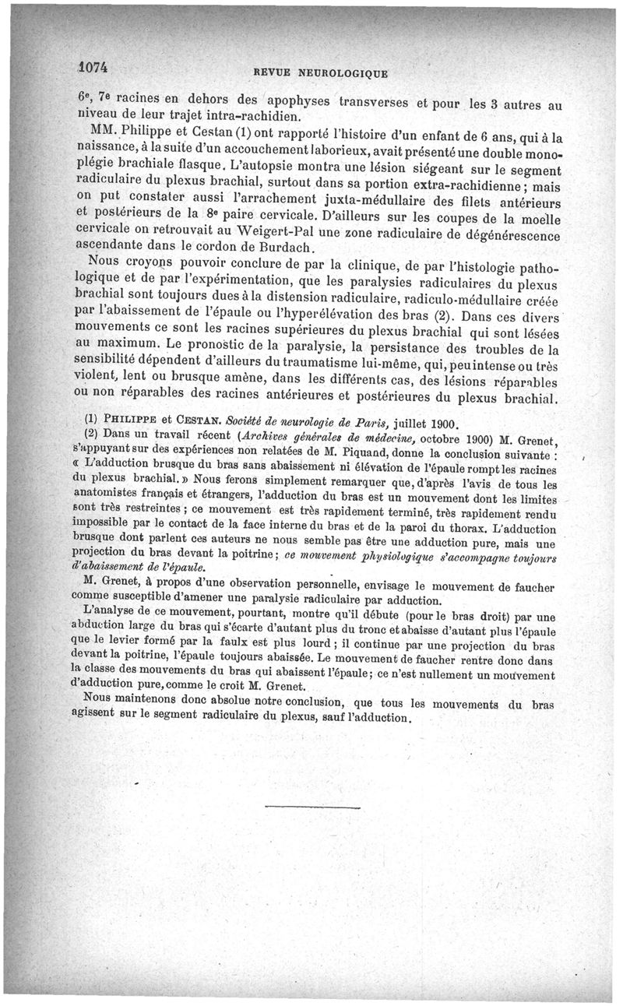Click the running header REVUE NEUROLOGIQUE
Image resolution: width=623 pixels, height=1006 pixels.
(x=316, y=72)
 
